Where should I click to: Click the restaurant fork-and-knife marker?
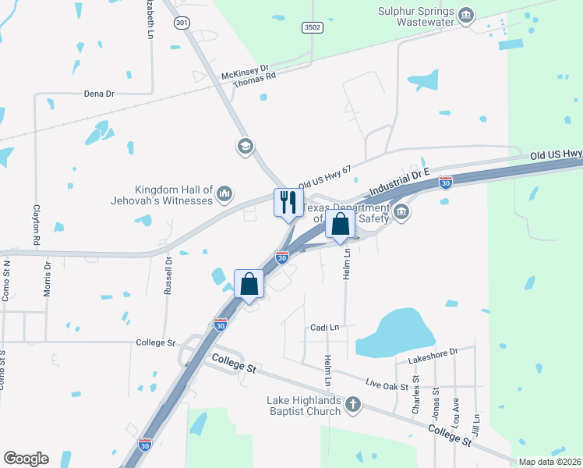click(x=288, y=203)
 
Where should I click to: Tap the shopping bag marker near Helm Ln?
click(x=341, y=225)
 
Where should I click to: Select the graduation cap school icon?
click(x=246, y=146)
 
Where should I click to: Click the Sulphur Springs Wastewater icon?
click(x=466, y=16)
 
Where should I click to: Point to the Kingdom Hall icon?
click(x=224, y=193)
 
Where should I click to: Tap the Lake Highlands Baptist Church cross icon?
click(x=353, y=404)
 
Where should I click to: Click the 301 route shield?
click(x=182, y=23)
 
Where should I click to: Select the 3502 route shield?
click(x=312, y=27)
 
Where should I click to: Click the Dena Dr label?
click(x=99, y=94)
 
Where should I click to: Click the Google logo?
click(x=26, y=459)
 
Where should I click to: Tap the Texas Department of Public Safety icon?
click(x=401, y=212)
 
